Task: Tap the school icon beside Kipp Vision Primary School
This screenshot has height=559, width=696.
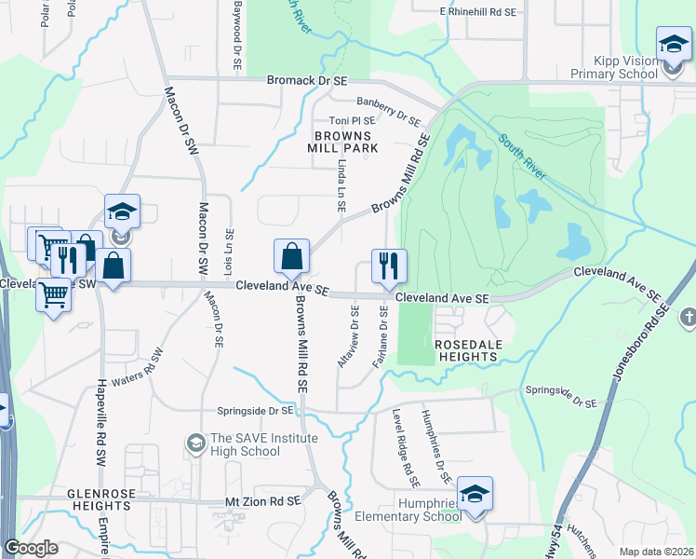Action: pos(673,45)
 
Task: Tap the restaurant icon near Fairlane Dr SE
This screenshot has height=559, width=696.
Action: pos(388,266)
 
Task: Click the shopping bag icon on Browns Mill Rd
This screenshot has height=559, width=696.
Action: pos(291,256)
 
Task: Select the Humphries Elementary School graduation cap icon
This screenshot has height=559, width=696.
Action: pos(475,494)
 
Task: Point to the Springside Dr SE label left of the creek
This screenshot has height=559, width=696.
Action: pos(255,409)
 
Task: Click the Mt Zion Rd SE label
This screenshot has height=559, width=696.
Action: pos(264,501)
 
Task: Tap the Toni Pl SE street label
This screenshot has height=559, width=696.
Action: pos(352,121)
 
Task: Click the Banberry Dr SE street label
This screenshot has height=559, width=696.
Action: pos(388,112)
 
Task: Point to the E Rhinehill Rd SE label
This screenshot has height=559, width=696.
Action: pos(478,11)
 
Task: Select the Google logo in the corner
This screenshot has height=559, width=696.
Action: pos(31,548)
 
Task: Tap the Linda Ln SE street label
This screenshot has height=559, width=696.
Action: pos(341,191)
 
